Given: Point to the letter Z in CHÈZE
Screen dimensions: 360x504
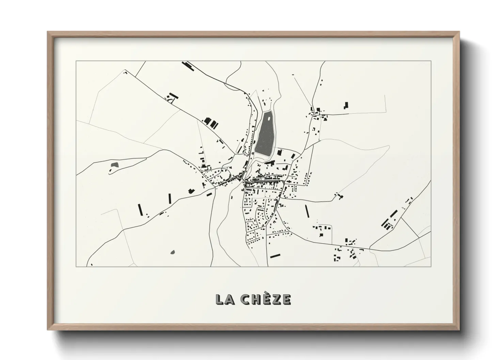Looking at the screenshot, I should point(277,299).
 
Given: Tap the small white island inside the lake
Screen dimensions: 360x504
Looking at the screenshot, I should point(269,119).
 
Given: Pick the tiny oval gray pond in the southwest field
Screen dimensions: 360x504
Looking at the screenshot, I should point(173,252).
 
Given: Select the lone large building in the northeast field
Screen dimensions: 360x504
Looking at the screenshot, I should point(346,105).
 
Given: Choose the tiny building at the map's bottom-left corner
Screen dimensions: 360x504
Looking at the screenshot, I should point(91,264).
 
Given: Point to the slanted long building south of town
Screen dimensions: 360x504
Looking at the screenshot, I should point(275,256).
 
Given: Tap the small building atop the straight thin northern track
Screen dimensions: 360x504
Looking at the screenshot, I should point(292,75).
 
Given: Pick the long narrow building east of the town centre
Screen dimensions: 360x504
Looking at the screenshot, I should point(307,211).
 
